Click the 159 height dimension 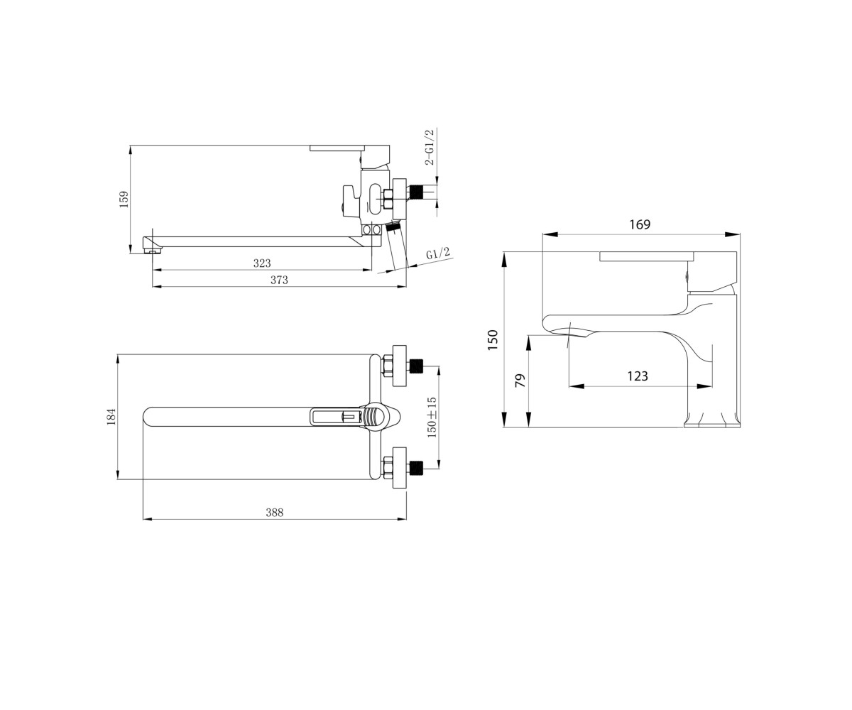[x=124, y=199]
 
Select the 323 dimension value [x=262, y=263]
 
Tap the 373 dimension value [x=279, y=280]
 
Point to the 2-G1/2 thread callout [x=430, y=147]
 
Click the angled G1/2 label [x=438, y=253]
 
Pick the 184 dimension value [x=111, y=417]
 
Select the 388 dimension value [x=274, y=512]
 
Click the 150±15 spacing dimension [x=432, y=417]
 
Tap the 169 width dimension [x=640, y=224]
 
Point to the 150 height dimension [x=493, y=339]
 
